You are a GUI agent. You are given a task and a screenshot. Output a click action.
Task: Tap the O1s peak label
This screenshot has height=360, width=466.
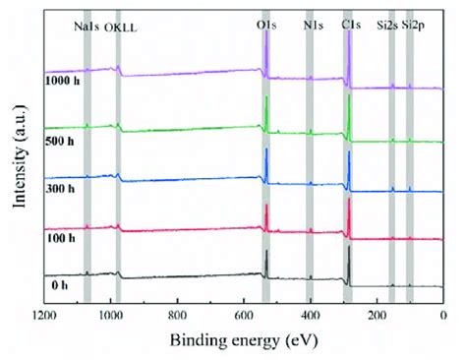coord(266,28)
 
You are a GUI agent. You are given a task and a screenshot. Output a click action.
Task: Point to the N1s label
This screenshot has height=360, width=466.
coord(313,28)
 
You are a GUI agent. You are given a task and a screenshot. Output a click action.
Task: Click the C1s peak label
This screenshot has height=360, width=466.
coord(350,28)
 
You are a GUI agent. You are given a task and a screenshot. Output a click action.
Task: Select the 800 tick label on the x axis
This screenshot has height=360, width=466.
coord(177,315)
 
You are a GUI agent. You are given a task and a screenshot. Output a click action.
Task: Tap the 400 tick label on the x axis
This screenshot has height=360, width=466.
coord(311,315)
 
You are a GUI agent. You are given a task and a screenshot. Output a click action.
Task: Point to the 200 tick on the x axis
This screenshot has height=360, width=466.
coord(378,315)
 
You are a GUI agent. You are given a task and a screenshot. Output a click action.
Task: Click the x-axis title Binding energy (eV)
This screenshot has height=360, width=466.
coord(243,340)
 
